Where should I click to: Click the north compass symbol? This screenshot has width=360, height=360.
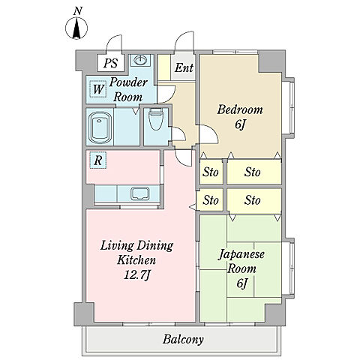(76, 28)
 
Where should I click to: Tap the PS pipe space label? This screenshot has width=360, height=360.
(111, 63)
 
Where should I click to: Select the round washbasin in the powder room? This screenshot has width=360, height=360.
(140, 60)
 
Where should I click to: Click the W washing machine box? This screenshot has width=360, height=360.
(98, 89)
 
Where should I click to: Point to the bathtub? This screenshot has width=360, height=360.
(100, 127)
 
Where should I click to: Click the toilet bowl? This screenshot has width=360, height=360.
(156, 119)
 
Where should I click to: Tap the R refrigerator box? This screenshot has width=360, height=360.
(98, 160)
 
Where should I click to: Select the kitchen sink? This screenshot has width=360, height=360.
(140, 194)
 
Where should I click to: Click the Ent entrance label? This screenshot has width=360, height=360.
(184, 67)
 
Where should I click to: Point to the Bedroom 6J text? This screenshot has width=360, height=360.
(240, 117)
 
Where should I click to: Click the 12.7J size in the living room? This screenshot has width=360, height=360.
(137, 275)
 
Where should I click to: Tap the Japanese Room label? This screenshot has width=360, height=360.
(241, 261)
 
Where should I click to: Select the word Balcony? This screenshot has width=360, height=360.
(183, 340)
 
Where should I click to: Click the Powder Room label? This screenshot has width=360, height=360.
(128, 89)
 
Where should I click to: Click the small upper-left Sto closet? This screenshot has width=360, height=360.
(211, 172)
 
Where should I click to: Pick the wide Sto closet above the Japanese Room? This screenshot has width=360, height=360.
(254, 200)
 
